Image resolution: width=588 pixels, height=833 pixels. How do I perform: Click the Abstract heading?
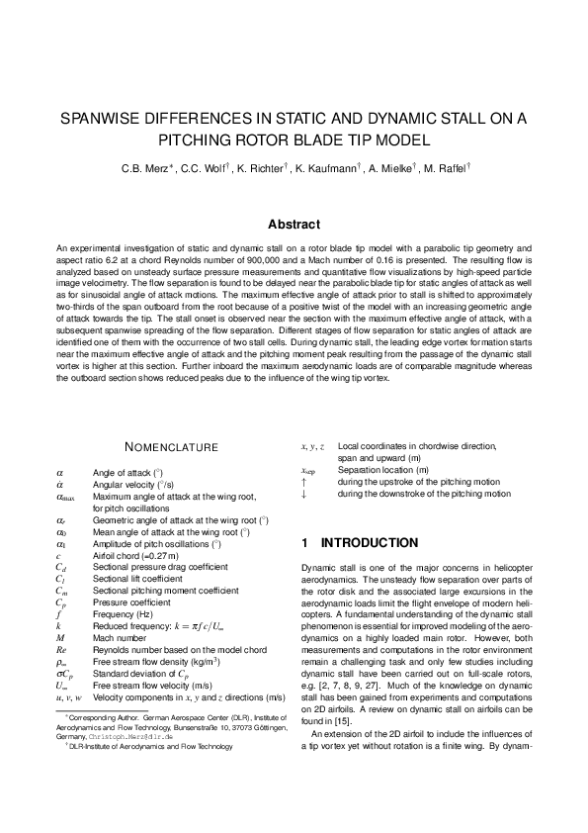pyautogui.click(x=294, y=226)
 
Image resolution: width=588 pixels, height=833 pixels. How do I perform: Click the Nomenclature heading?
pyautogui.click(x=171, y=448)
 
